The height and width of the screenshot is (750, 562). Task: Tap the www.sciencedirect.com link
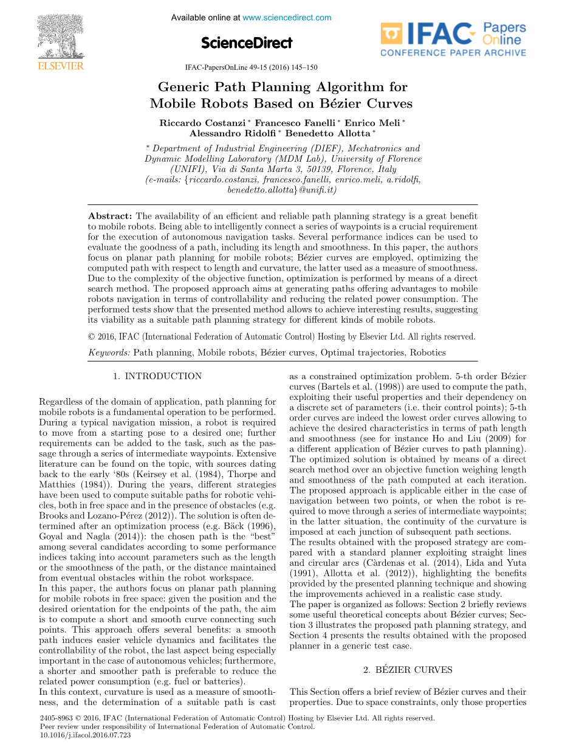(x=287, y=18)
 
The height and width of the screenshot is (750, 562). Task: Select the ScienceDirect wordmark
(x=247, y=43)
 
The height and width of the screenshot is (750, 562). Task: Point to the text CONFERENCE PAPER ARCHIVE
(x=453, y=53)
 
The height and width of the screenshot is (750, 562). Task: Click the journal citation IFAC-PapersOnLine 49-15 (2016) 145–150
(x=250, y=67)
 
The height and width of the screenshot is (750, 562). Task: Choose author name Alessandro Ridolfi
(x=232, y=133)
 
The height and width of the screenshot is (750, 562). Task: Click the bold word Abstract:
(x=110, y=216)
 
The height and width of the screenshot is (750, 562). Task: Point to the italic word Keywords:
(x=109, y=353)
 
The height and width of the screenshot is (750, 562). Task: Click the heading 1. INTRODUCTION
(x=157, y=376)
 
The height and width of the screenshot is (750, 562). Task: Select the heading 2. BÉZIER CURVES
(x=408, y=670)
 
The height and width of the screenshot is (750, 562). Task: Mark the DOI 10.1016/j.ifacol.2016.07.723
(x=84, y=735)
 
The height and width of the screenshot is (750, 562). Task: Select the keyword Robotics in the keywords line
(x=428, y=353)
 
